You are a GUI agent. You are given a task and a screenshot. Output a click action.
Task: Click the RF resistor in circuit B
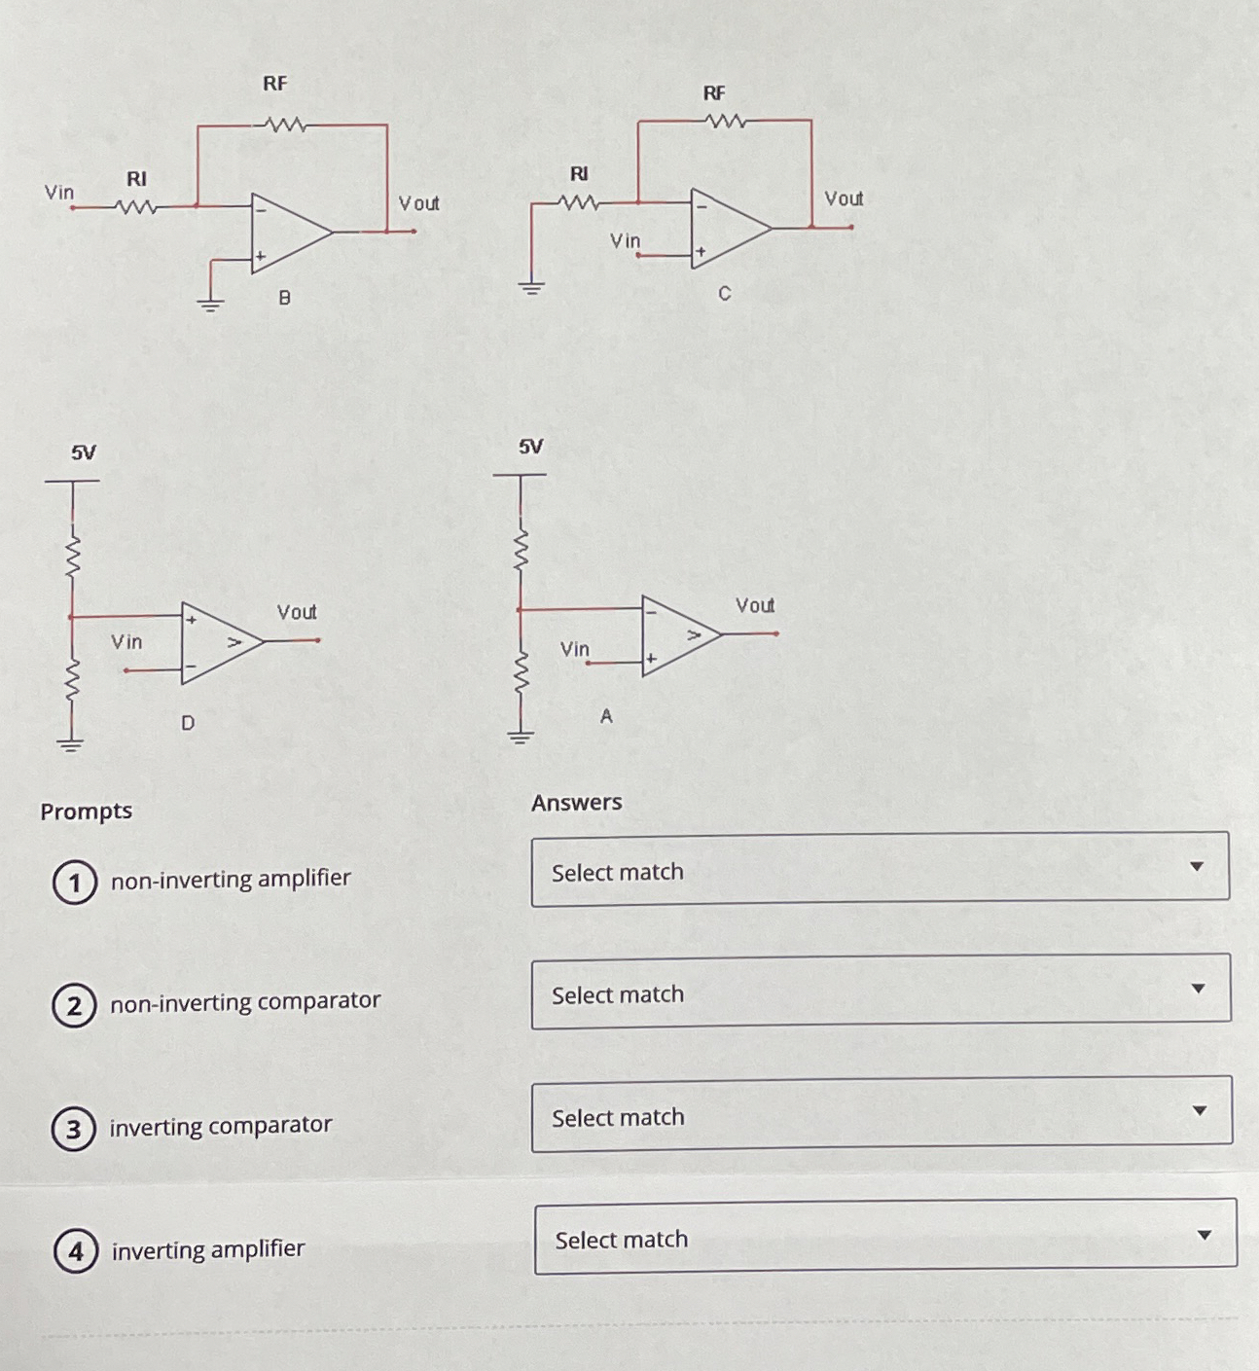(285, 125)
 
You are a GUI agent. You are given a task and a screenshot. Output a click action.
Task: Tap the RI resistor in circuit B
(135, 206)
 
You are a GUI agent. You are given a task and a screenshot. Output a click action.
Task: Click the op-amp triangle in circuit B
(287, 233)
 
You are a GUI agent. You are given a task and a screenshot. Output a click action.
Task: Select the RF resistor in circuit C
(727, 121)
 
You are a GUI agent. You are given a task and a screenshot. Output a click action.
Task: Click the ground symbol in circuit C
(530, 287)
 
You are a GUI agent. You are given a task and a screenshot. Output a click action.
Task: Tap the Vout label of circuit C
(843, 198)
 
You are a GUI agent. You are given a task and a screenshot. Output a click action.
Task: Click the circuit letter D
(188, 723)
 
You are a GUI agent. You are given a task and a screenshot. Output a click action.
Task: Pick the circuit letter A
(606, 716)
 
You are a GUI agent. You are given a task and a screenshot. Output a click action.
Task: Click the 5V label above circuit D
(84, 452)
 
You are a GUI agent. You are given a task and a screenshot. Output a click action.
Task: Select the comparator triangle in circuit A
(678, 635)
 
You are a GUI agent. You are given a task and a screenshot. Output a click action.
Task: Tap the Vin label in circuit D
(126, 642)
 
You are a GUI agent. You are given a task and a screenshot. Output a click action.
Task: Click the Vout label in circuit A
(755, 605)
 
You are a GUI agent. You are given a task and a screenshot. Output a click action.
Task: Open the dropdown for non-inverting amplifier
(880, 869)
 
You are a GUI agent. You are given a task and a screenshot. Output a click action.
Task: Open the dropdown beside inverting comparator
(881, 1114)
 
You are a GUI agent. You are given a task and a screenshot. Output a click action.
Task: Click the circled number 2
(74, 1005)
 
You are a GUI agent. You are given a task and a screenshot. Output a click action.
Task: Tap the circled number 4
(76, 1250)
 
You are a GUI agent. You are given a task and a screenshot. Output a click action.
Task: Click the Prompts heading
(86, 811)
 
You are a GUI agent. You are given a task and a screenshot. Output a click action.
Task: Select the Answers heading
(576, 803)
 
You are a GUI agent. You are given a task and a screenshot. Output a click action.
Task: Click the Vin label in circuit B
(59, 193)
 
